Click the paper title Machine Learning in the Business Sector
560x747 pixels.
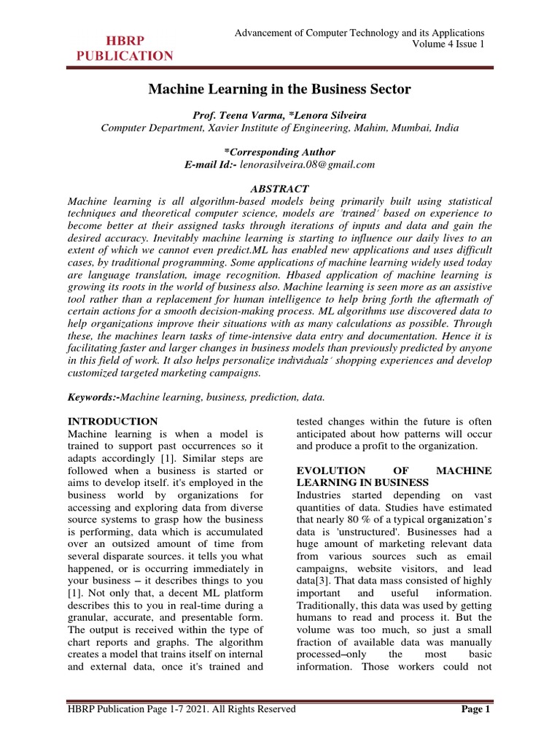[x=280, y=89]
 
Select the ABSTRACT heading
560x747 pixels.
[x=280, y=187]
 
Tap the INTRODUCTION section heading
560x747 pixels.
[x=112, y=421]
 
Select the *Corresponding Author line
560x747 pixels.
[x=280, y=152]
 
